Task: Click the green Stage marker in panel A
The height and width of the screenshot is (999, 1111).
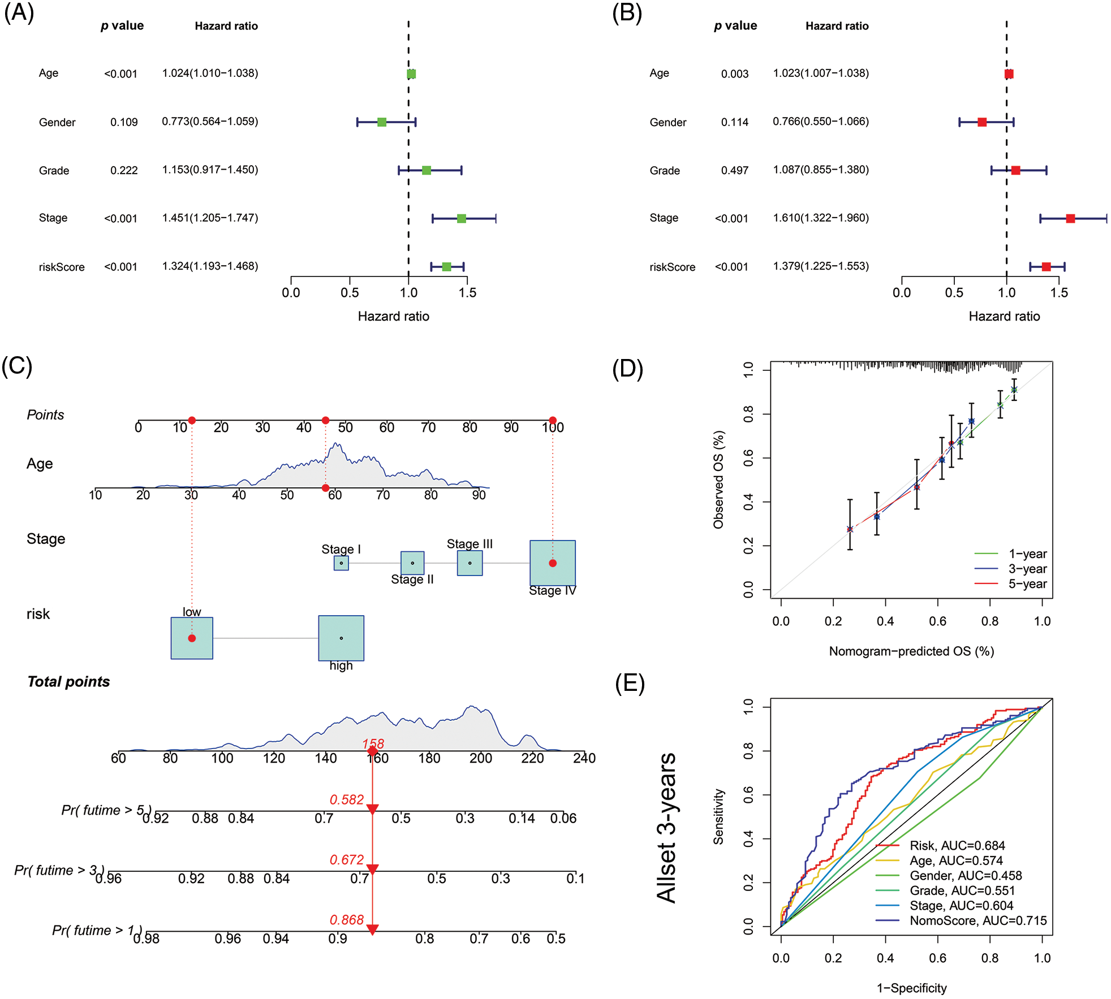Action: point(462,219)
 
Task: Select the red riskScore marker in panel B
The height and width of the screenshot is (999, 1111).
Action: point(1046,267)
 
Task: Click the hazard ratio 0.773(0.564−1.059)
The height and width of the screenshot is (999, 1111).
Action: point(210,122)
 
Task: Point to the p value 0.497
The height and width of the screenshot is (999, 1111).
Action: point(734,171)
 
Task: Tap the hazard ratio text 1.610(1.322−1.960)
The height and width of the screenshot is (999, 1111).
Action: point(821,218)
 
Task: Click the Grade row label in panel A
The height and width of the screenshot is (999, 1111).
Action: point(54,171)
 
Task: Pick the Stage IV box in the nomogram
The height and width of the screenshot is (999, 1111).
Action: point(553,563)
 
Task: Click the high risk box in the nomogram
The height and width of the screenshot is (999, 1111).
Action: point(341,638)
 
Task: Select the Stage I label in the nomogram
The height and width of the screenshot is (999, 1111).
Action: point(341,549)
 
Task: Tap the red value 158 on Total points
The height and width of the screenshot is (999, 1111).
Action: point(373,743)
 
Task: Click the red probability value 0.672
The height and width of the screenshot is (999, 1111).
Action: point(347,860)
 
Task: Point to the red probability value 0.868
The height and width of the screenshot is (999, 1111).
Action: point(347,920)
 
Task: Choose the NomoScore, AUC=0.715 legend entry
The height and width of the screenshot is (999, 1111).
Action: point(977,920)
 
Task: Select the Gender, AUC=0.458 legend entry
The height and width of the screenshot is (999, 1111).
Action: point(965,876)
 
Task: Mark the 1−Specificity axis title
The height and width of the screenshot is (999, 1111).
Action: point(911,988)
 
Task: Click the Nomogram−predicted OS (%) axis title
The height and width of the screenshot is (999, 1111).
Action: point(911,651)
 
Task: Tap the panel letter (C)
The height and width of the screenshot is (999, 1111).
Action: point(17,366)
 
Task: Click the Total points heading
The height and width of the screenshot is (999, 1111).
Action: point(68,682)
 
